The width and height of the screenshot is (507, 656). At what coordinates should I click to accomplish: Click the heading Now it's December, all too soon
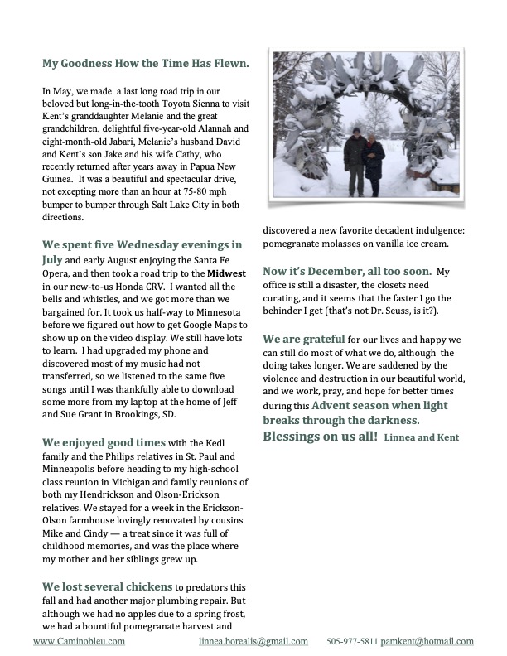point(348,271)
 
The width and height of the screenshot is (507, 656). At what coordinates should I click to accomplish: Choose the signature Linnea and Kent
point(421,437)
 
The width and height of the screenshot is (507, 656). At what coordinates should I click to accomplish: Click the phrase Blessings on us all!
point(321,436)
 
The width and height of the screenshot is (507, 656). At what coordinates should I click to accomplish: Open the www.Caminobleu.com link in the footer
point(80,641)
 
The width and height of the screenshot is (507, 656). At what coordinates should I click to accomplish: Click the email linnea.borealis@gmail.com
point(254,641)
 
